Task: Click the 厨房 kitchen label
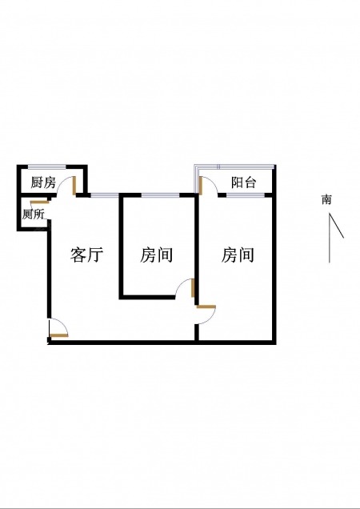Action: coord(43,182)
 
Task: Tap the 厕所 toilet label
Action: coord(33,214)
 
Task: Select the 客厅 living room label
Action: coord(86,254)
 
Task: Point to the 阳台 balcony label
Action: coord(243,182)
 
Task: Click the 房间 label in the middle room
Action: coord(156,254)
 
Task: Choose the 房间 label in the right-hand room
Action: coord(238,254)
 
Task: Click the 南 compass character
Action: coord(326,199)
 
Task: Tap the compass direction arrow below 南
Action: coord(330,238)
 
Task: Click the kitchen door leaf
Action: coord(74,186)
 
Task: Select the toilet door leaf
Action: coord(40,202)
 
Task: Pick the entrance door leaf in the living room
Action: coord(59,335)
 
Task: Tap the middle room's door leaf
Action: coord(193,288)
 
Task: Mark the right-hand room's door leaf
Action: coord(206,307)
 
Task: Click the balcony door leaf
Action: coord(201,186)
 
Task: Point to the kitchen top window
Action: coord(47,167)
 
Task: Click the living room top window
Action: coord(105,195)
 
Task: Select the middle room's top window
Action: coord(160,195)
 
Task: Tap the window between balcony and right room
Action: coord(246,195)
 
